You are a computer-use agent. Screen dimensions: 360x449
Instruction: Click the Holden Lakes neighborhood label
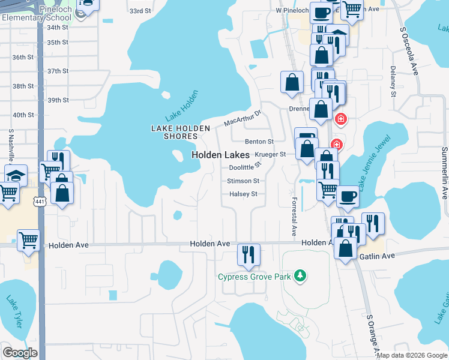coord(220,155)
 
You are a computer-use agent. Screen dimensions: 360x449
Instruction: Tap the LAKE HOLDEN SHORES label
coord(180,132)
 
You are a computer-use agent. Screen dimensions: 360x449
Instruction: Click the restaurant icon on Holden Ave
coord(247,254)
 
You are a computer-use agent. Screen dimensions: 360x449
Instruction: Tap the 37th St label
coord(58,71)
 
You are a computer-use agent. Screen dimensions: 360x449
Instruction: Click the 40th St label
coord(23,115)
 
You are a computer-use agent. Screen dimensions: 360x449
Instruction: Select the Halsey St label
coord(243,194)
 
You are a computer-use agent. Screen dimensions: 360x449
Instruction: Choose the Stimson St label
coord(243,181)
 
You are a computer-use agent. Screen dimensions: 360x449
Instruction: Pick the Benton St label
coord(259,141)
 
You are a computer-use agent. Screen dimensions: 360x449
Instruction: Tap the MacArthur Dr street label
coord(243,118)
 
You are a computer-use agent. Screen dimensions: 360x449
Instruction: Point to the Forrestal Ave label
coord(294,216)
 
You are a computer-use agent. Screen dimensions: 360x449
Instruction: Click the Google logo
coord(20,353)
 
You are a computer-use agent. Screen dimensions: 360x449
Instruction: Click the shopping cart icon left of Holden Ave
coord(28,241)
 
